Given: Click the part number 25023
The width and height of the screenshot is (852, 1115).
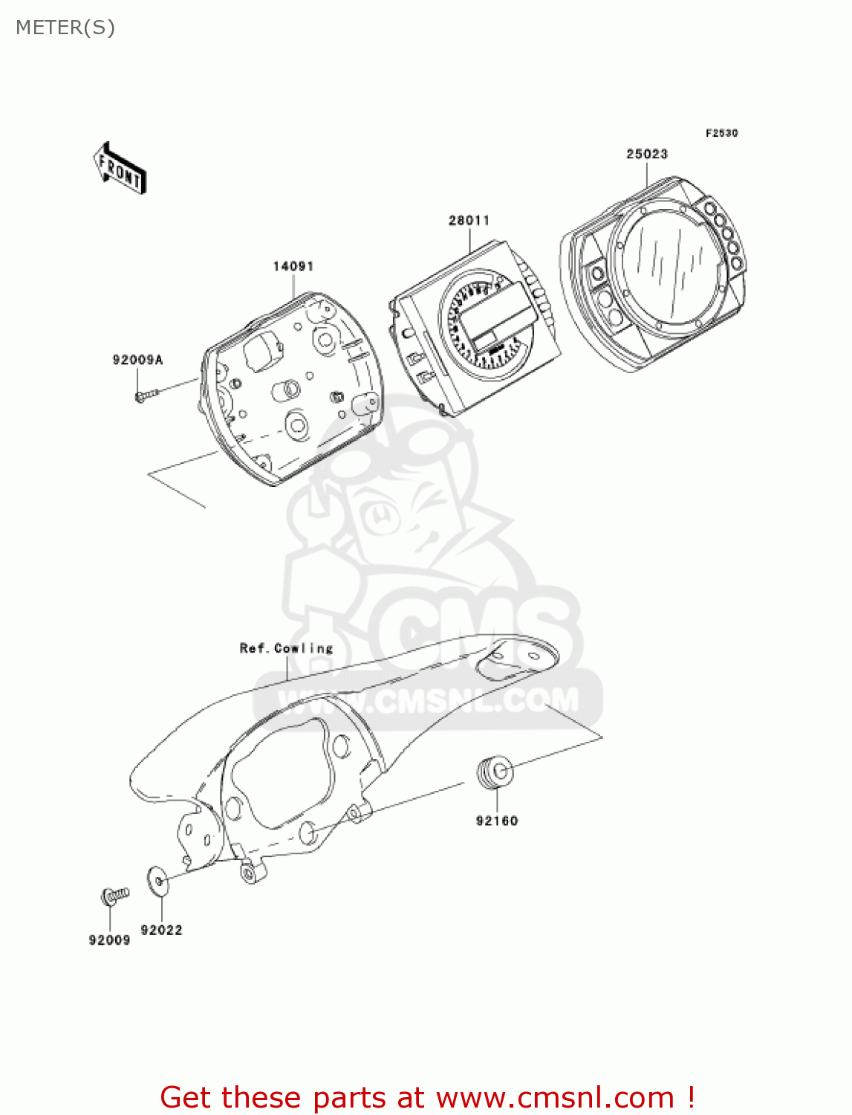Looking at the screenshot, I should tap(646, 154).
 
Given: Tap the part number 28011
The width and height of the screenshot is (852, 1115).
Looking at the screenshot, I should tap(469, 220).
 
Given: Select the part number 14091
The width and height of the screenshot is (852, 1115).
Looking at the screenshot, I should tap(293, 266).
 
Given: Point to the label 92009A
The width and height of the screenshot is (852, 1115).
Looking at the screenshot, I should tap(137, 360).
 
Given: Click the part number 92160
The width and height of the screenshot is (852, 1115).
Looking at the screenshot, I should tap(496, 821).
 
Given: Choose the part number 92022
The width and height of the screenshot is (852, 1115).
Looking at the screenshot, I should tap(161, 930).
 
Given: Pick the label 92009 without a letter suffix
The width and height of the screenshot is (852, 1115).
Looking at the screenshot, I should tap(109, 940).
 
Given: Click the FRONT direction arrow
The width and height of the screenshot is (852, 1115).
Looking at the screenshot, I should tap(120, 169).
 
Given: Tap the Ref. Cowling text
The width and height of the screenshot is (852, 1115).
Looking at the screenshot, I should tap(286, 648).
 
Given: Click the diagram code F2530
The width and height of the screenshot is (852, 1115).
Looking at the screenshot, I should tap(721, 133).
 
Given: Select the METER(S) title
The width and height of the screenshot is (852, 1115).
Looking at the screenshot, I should tap(65, 28).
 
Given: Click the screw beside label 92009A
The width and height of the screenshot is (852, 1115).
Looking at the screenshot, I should tap(148, 395).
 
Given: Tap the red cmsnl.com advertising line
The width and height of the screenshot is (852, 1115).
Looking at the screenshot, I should tap(427, 1097).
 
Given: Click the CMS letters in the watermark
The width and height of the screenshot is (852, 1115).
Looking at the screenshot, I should tap(475, 632).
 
